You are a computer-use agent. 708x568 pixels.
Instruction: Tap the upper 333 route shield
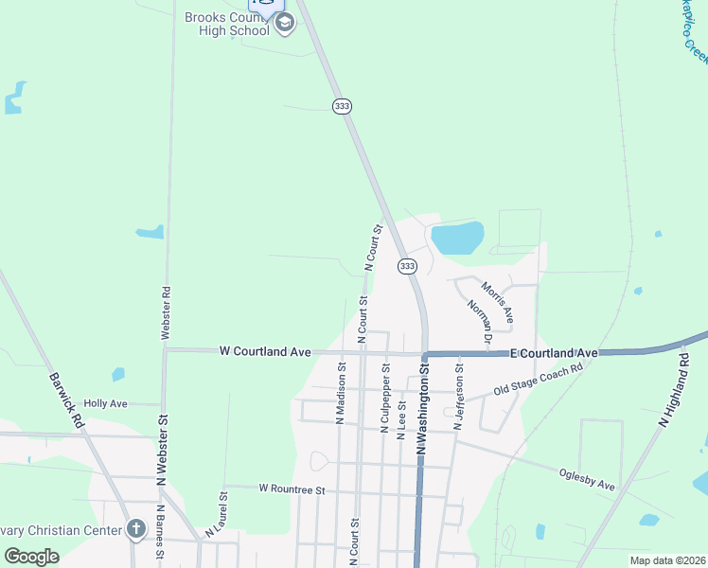tap(342, 106)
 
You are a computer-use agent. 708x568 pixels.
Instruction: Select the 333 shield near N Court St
tap(407, 267)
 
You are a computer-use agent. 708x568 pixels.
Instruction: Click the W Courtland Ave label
tap(265, 351)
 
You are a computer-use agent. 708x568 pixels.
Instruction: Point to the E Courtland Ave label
tap(554, 353)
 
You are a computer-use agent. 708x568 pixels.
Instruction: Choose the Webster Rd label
tap(166, 313)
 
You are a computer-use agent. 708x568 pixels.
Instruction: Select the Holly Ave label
tap(105, 403)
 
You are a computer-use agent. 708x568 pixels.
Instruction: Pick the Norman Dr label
tap(481, 321)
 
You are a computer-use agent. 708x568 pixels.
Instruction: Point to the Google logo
tap(32, 557)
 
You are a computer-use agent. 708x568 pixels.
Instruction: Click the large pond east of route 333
tap(457, 238)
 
